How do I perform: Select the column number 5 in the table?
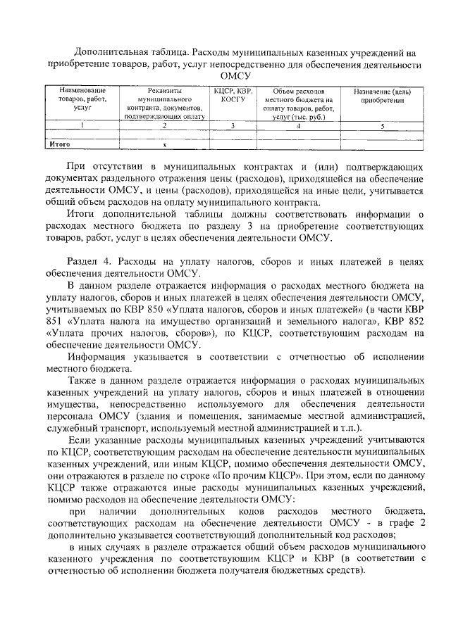point(383,126)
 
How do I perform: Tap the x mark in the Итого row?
point(164,144)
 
